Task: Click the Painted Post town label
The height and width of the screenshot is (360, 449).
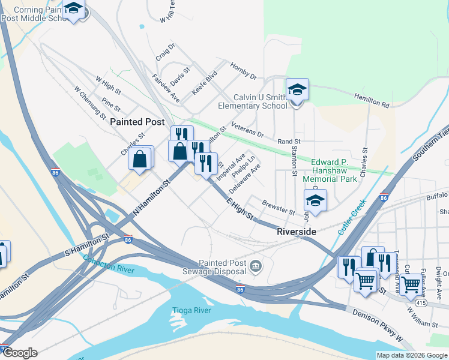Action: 137,121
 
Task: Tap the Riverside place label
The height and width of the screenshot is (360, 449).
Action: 297,232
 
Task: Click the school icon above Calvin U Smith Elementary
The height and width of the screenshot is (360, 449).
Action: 297,91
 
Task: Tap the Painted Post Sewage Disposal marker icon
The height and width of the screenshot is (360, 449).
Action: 256,266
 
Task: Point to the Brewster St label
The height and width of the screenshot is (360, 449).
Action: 279,209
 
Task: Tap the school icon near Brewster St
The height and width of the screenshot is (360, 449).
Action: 315,202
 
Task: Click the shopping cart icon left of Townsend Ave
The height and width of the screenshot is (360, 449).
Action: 365,280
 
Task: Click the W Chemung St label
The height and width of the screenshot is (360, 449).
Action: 90,102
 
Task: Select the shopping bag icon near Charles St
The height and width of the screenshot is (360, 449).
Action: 140,159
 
